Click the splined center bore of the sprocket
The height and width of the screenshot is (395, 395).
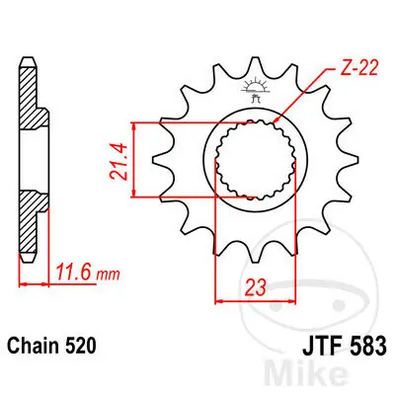(x=247, y=160)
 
